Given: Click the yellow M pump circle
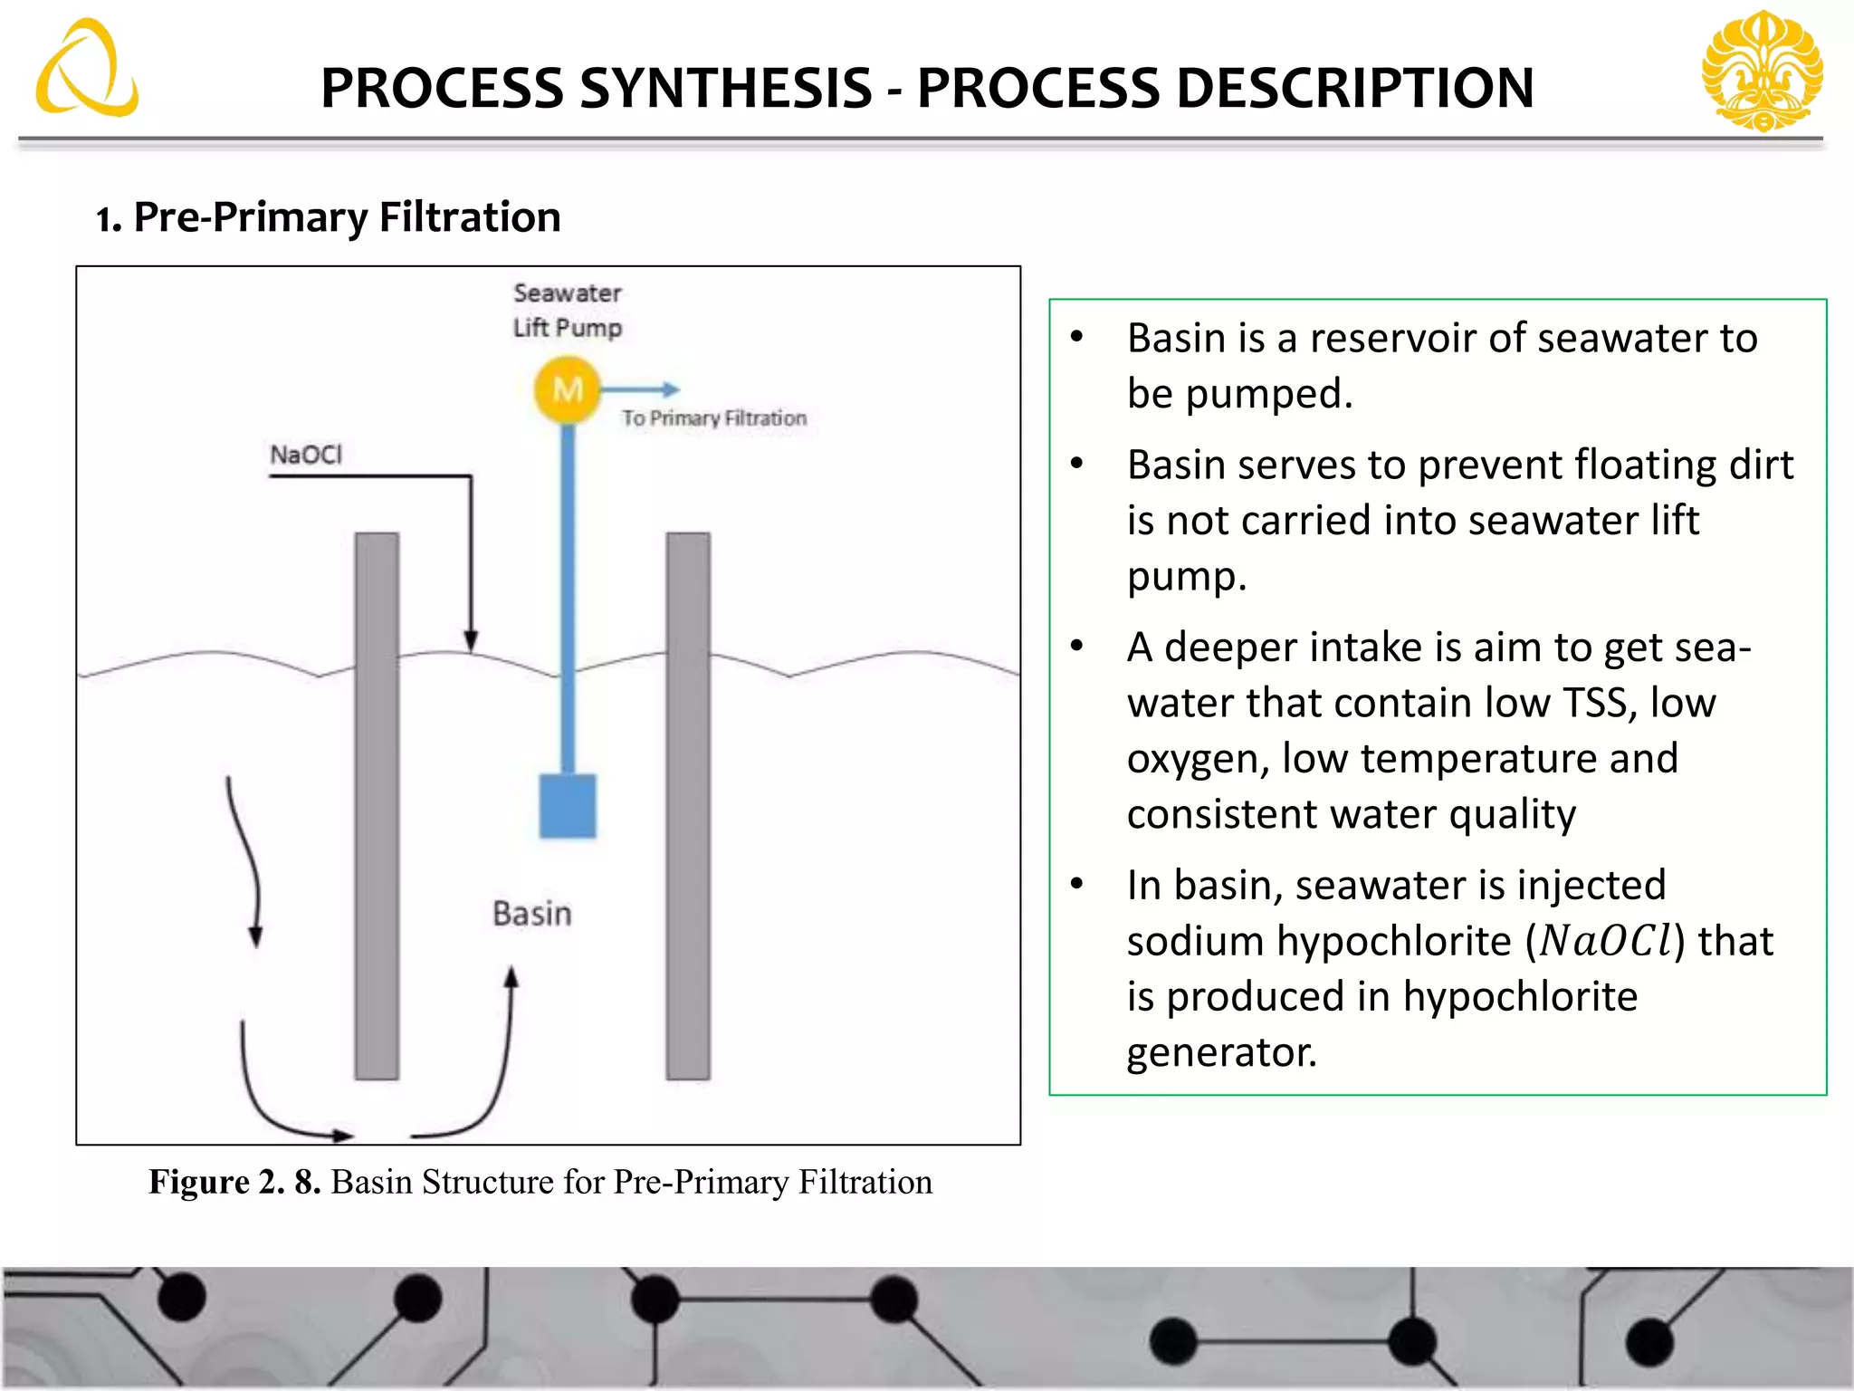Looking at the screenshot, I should [568, 390].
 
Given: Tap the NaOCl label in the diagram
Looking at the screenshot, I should [306, 455].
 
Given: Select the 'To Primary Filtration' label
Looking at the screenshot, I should [713, 418].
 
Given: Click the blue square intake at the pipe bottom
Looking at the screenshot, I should [568, 806].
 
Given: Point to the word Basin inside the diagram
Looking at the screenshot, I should [532, 914].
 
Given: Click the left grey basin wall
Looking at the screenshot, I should [377, 806].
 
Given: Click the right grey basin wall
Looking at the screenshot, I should [688, 806].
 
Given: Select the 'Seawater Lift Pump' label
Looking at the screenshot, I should [568, 311].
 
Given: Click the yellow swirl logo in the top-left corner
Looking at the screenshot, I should [87, 71].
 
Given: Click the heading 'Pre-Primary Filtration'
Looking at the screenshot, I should [347, 217].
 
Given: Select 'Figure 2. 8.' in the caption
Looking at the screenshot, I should [234, 1183].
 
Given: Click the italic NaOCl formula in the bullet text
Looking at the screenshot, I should [1607, 941].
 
